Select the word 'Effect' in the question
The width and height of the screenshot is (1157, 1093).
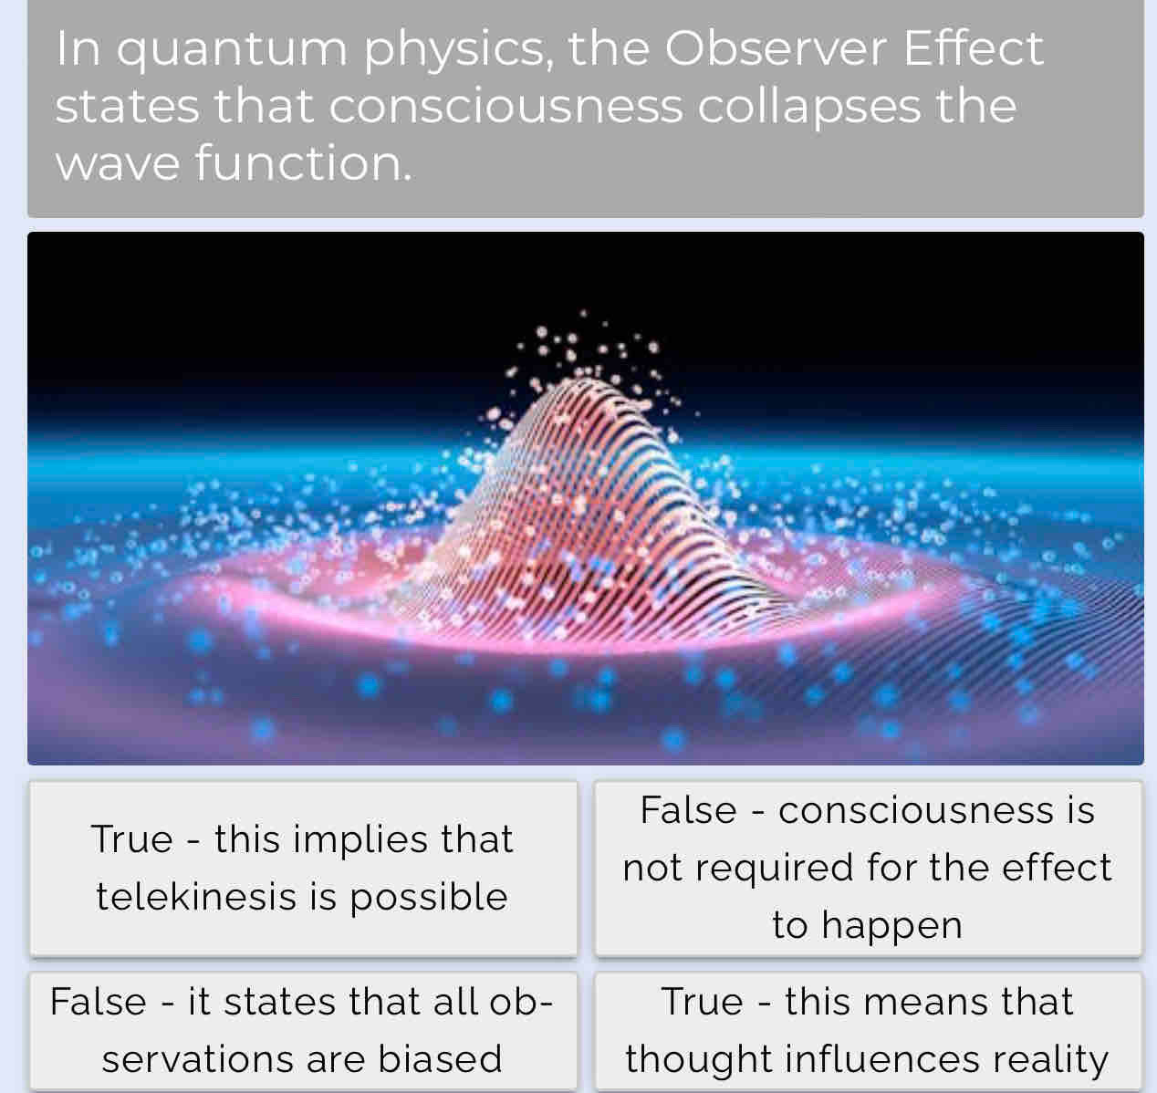coord(974,47)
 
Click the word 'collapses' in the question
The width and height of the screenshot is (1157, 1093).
coord(809,109)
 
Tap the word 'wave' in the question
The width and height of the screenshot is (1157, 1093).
coord(118,165)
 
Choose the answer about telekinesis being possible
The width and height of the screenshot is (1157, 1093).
coord(304,869)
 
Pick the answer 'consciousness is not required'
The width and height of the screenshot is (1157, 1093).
coord(868,869)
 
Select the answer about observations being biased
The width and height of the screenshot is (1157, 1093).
coord(304,1030)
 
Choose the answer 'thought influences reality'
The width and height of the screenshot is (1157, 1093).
coord(868,1030)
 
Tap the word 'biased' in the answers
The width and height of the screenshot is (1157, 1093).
coord(440,1058)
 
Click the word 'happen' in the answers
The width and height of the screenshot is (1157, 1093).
coord(891,926)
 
